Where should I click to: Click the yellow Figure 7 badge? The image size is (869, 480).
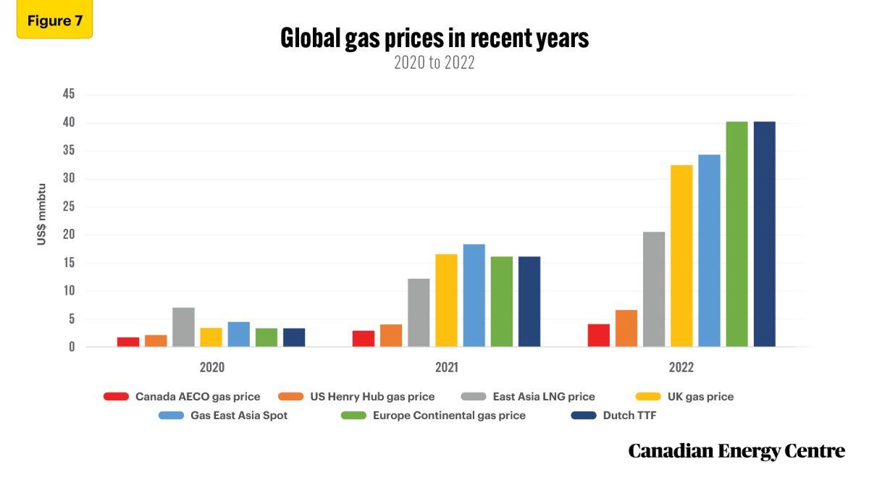coord(54,20)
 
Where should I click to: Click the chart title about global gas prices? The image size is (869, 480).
coord(434,38)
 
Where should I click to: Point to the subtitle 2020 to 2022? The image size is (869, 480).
coord(434,63)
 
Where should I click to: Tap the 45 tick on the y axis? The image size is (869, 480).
coord(67,95)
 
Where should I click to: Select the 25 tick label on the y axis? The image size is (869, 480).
coord(67,207)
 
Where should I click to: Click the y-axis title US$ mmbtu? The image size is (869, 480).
coord(42,214)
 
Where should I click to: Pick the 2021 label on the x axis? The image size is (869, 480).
coord(446,368)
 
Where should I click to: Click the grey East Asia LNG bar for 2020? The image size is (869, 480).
coord(183,327)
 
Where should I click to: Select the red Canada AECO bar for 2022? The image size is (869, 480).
coord(598,335)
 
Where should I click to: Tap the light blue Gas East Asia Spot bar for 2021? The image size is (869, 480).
coord(474,295)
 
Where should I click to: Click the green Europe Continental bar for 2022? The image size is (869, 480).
coord(736,235)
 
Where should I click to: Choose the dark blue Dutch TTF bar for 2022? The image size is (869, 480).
coord(764,235)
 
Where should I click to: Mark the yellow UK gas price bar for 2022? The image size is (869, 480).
coord(681,256)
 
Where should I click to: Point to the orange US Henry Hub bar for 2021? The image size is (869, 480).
coord(391,335)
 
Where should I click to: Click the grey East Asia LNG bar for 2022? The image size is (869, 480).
coord(654,290)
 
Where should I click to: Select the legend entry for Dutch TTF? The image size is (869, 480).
coord(623,416)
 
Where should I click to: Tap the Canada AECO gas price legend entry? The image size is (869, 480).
coord(181,397)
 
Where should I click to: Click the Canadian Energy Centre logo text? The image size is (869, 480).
coord(736,452)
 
